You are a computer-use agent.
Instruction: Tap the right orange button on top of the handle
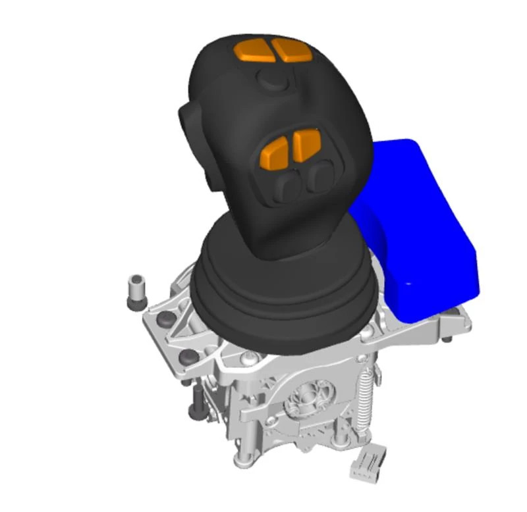[x=291, y=50]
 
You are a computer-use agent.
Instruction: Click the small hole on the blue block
[x=408, y=284]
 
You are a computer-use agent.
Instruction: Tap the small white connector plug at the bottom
[x=366, y=463]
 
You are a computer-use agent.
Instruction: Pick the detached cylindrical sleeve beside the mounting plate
[x=136, y=290]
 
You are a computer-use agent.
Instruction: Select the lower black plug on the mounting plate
[x=188, y=356]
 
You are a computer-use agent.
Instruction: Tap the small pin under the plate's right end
[x=448, y=338]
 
